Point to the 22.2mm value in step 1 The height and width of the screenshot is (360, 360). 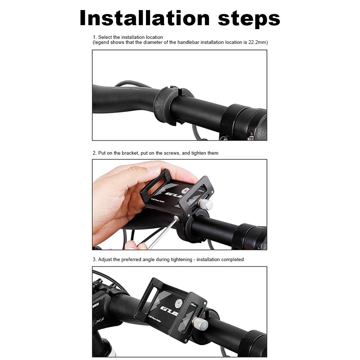pyautogui.click(x=258, y=42)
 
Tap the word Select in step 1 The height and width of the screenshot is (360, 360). pyautogui.click(x=105, y=37)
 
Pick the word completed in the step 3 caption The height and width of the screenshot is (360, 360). pyautogui.click(x=232, y=260)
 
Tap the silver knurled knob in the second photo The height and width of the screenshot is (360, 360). pyautogui.click(x=206, y=204)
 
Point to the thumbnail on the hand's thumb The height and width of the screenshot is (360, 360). pyautogui.click(x=153, y=169)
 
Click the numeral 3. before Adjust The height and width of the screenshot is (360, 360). pyautogui.click(x=95, y=260)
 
